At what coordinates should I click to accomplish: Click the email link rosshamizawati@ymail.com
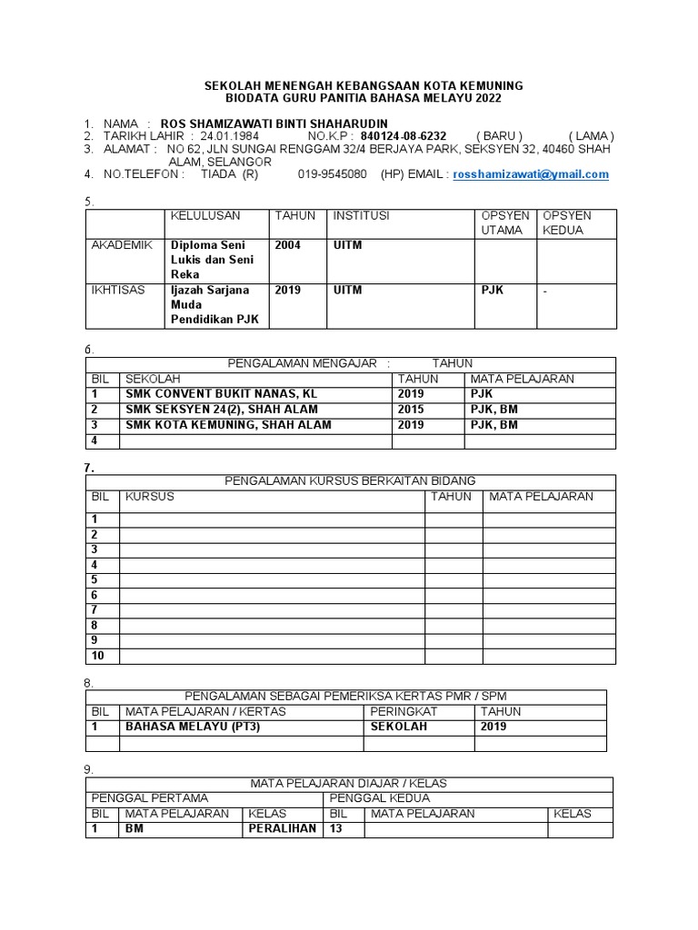click(x=531, y=174)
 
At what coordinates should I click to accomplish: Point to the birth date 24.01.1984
click(x=229, y=136)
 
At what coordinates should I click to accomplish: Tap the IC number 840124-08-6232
click(x=404, y=136)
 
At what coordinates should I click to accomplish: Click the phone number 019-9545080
click(x=333, y=174)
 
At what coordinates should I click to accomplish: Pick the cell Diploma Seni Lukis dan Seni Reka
click(x=213, y=260)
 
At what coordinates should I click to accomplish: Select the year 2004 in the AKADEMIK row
click(x=288, y=245)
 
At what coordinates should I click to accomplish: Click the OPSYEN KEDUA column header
click(x=566, y=223)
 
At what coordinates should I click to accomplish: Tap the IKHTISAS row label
click(x=117, y=291)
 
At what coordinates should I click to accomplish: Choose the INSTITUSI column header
click(x=361, y=216)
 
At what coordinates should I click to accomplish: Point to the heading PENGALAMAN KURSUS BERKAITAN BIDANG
click(x=350, y=481)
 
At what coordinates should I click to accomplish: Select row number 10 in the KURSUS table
click(x=98, y=656)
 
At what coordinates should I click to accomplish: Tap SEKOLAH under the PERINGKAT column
click(x=398, y=727)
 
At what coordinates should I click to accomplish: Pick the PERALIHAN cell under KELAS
click(x=282, y=828)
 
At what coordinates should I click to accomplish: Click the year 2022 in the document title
click(x=484, y=98)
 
